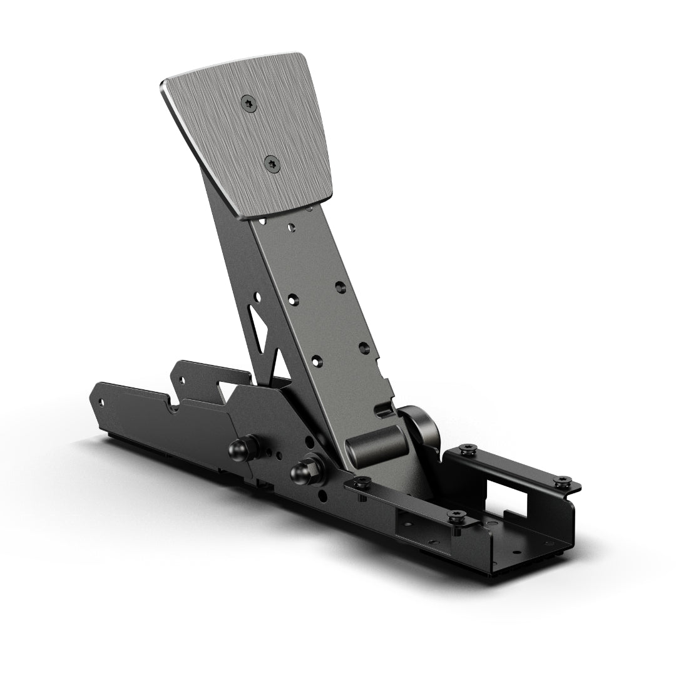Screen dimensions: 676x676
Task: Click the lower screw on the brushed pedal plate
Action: [x=272, y=164]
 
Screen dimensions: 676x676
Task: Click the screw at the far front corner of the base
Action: [x=562, y=481]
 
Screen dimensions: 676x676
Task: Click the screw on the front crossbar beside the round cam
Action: [x=466, y=449]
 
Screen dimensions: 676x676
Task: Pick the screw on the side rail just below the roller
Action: [x=361, y=483]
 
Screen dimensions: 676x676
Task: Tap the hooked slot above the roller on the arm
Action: [x=383, y=410]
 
